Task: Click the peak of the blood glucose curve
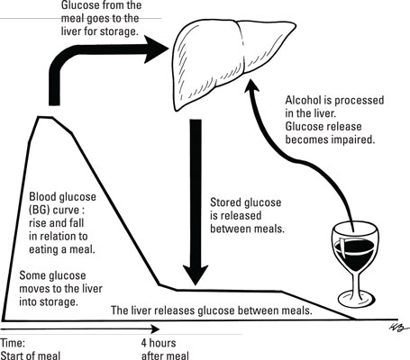[47, 117]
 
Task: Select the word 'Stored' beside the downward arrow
[224, 202]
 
